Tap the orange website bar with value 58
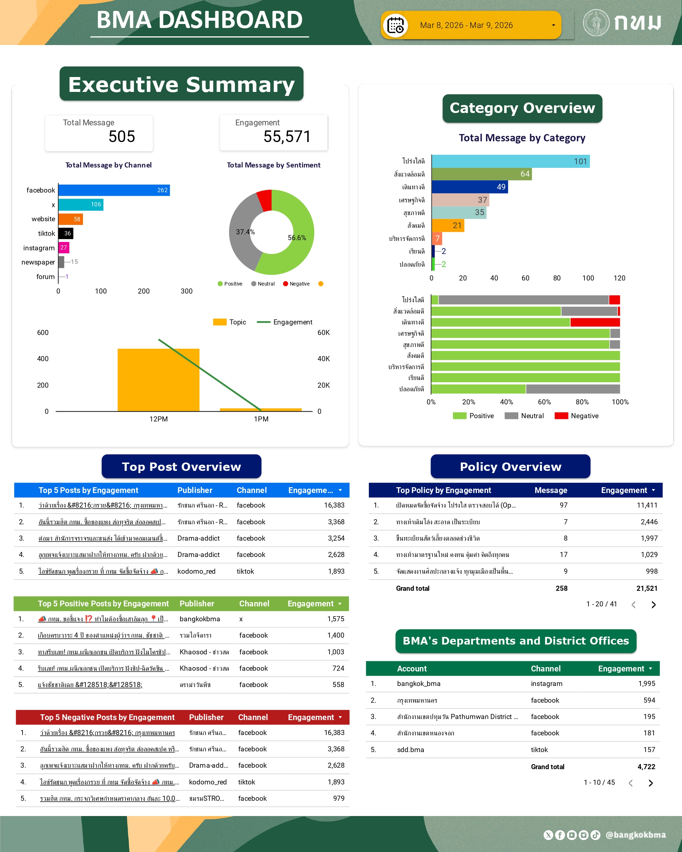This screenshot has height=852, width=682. coord(71,219)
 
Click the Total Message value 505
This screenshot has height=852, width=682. coord(122,137)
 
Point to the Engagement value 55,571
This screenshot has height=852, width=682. coord(287,137)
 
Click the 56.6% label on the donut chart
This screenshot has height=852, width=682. coord(297,238)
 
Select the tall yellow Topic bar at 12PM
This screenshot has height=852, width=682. coord(158,379)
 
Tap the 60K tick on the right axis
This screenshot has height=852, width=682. coord(324,333)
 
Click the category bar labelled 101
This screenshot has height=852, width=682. coord(510,161)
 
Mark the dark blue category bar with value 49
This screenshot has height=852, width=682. coord(470,187)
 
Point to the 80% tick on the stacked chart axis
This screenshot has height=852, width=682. coord(582,402)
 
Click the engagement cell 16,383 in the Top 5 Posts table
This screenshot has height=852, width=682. coord(334,505)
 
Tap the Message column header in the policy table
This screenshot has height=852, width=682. coord(551,490)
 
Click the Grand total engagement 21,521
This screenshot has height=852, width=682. coord(646,589)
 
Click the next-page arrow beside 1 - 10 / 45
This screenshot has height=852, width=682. coord(651,783)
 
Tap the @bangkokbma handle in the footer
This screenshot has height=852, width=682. coord(635,835)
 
